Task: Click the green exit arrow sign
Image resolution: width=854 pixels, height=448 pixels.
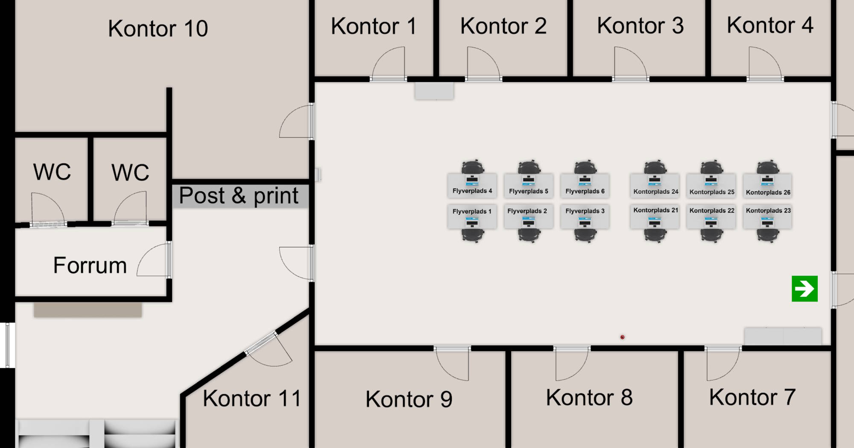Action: [804, 289]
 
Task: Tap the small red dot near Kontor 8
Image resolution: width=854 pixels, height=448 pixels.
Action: [622, 337]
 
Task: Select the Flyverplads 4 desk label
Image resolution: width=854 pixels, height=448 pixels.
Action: [472, 191]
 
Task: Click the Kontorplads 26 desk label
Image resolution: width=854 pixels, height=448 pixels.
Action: [768, 192]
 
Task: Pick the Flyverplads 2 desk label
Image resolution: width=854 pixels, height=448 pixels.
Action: [527, 211]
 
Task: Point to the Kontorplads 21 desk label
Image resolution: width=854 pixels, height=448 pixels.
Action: [655, 210]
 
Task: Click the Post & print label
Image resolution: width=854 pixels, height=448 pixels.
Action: [238, 196]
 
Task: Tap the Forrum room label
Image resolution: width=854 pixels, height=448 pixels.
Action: [90, 265]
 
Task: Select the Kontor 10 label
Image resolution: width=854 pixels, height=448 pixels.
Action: [158, 29]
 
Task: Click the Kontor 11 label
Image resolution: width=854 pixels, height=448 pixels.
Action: [252, 398]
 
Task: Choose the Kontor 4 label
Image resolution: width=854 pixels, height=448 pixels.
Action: [770, 25]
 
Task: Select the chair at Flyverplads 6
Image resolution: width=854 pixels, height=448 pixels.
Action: [585, 167]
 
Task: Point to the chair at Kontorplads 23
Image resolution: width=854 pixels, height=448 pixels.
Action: [768, 235]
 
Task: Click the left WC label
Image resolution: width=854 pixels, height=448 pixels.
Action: [52, 172]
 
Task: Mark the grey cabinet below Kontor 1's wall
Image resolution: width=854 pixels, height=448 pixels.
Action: [434, 91]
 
